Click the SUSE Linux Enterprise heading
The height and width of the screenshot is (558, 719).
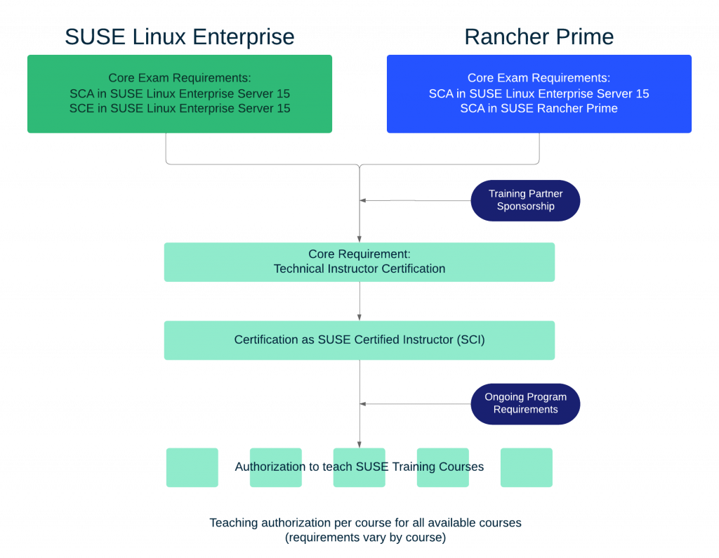tap(179, 37)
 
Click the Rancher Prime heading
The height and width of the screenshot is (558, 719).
tap(539, 37)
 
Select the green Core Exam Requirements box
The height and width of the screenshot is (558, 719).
tap(179, 93)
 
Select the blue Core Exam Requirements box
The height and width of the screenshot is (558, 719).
tap(539, 93)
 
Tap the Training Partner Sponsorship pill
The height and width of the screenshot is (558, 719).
tap(525, 200)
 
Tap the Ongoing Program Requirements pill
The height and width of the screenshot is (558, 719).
tap(525, 403)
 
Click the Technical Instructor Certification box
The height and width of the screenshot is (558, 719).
tap(359, 262)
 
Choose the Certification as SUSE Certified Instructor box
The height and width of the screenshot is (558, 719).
tap(359, 340)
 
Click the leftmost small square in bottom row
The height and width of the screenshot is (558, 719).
tap(192, 467)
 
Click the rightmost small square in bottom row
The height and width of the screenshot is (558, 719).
tap(526, 467)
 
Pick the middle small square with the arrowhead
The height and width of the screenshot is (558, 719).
tap(359, 467)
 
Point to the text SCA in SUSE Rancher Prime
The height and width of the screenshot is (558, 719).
tap(539, 108)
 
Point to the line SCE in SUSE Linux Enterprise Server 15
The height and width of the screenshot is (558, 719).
tap(179, 108)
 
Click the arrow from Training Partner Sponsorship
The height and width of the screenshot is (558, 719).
tap(414, 200)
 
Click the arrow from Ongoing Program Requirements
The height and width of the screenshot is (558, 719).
tap(414, 403)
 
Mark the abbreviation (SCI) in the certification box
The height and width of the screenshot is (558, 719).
tap(470, 340)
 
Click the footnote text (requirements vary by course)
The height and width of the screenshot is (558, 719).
tap(364, 538)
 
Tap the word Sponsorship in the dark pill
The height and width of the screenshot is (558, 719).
tap(525, 207)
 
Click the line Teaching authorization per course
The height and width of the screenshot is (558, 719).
tap(364, 524)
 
